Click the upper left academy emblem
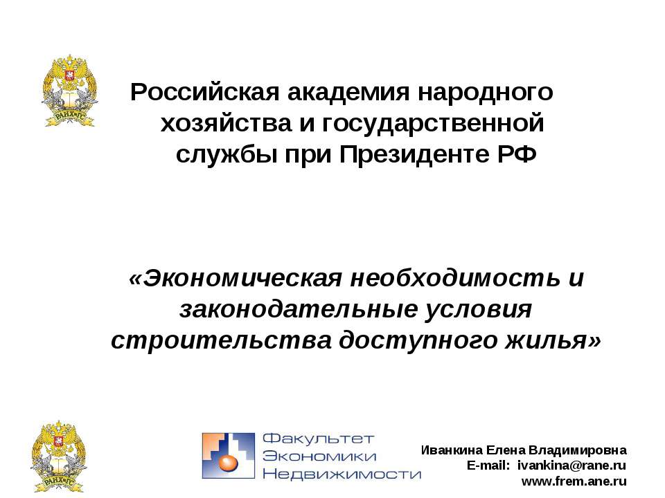pyautogui.click(x=69, y=93)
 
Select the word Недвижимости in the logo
pyautogui.click(x=342, y=474)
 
